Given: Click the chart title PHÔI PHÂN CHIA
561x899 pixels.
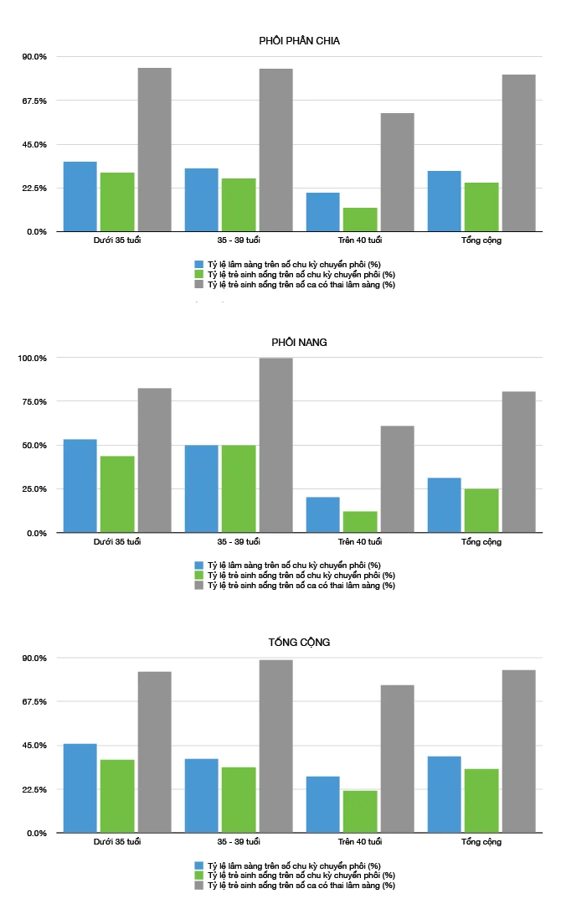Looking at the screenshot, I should pyautogui.click(x=299, y=40).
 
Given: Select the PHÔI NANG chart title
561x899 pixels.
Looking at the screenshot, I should pyautogui.click(x=299, y=342).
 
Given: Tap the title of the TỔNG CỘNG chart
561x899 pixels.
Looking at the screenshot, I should pyautogui.click(x=299, y=642).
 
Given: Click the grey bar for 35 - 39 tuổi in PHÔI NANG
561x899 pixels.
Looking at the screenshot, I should pyautogui.click(x=275, y=445).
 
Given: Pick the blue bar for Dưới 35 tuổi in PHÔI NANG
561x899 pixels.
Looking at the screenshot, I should pyautogui.click(x=80, y=486).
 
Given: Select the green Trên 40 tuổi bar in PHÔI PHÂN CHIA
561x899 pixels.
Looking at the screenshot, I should pyautogui.click(x=360, y=220).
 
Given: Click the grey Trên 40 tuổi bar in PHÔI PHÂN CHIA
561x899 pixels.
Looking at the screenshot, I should pyautogui.click(x=397, y=172).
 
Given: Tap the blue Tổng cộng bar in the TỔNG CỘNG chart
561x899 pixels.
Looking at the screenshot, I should pyautogui.click(x=444, y=794).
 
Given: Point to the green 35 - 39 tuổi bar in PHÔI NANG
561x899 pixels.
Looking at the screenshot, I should pyautogui.click(x=239, y=488).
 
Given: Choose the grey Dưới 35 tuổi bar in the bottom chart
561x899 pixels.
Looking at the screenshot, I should pyautogui.click(x=155, y=752).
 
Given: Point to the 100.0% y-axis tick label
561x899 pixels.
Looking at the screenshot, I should pyautogui.click(x=33, y=358).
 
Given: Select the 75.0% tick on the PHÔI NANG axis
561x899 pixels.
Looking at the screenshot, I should pyautogui.click(x=34, y=401).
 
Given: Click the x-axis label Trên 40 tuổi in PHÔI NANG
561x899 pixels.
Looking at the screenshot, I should pyautogui.click(x=360, y=541).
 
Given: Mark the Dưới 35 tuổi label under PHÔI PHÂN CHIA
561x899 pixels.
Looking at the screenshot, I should pyautogui.click(x=117, y=240).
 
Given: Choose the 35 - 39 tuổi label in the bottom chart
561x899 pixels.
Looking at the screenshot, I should pyautogui.click(x=239, y=841).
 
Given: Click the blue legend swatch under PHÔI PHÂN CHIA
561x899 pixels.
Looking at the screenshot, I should pyautogui.click(x=199, y=263).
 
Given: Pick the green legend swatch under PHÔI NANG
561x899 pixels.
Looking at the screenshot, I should pyautogui.click(x=199, y=575).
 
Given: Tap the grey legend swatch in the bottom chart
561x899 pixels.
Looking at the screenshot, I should pyautogui.click(x=199, y=885).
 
